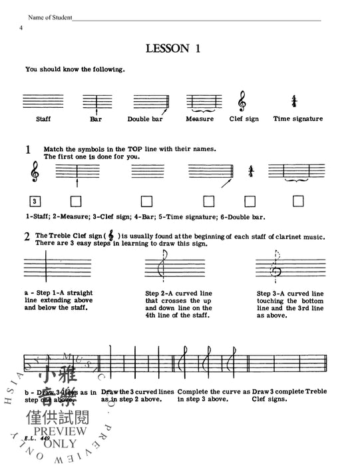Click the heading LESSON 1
(180, 49)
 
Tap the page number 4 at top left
(21, 27)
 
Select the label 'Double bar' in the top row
(147, 119)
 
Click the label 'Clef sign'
(244, 119)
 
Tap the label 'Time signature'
(297, 119)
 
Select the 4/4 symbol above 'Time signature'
(293, 101)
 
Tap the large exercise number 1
(28, 150)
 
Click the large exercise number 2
(27, 236)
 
